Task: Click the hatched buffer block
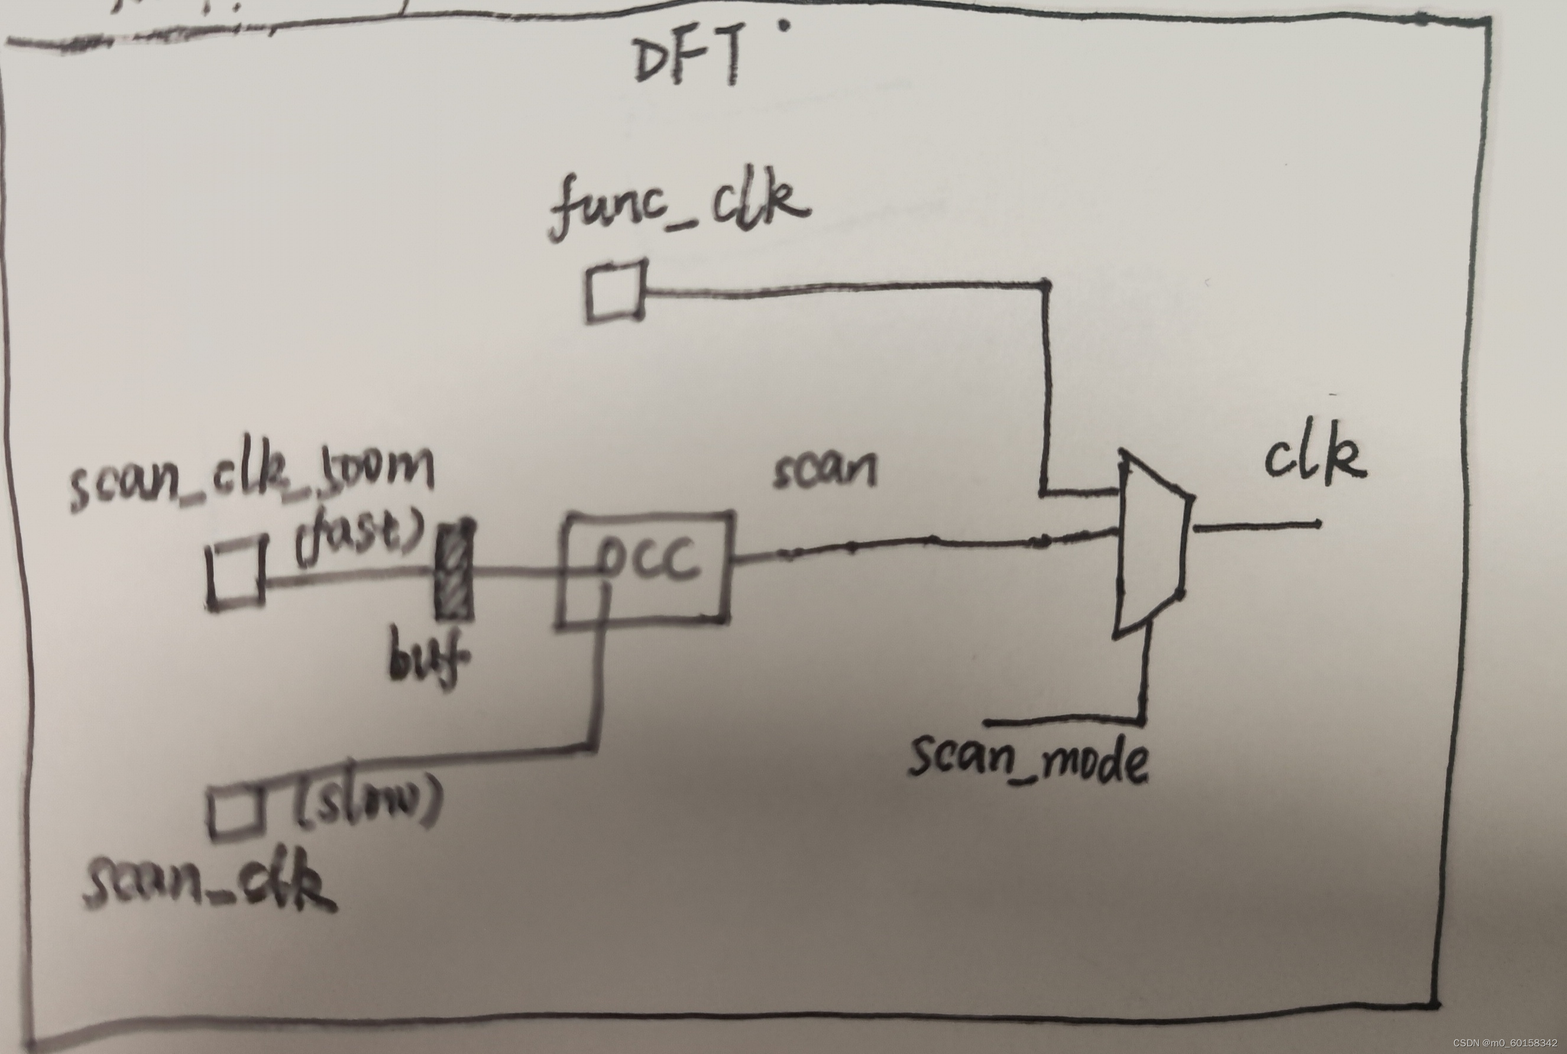tap(455, 572)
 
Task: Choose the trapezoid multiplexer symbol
tap(1150, 544)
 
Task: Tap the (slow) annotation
tap(367, 803)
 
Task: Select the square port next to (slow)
tap(232, 813)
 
